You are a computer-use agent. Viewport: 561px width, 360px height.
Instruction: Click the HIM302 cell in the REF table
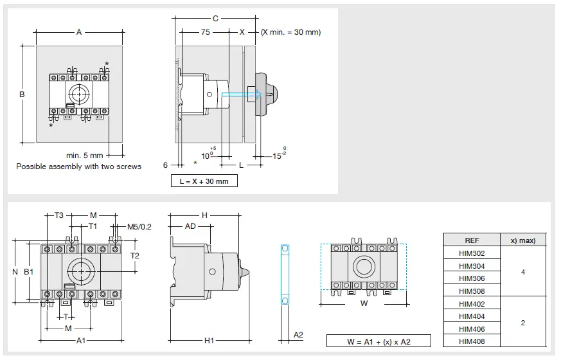472,253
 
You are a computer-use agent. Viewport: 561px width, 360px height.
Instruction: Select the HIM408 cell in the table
472,341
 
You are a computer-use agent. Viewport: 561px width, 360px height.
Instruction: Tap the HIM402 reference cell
472,304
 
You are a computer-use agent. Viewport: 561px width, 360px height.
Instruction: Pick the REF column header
472,240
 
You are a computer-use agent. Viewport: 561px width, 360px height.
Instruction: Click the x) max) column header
522,240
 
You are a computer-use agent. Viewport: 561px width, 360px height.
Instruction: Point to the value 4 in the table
522,272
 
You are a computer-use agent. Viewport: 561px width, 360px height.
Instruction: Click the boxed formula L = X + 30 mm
204,181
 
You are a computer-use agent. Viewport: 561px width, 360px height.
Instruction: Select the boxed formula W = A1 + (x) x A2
378,341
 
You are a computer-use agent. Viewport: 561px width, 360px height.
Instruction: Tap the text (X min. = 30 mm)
290,32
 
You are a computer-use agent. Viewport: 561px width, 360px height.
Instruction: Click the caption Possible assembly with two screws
78,166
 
